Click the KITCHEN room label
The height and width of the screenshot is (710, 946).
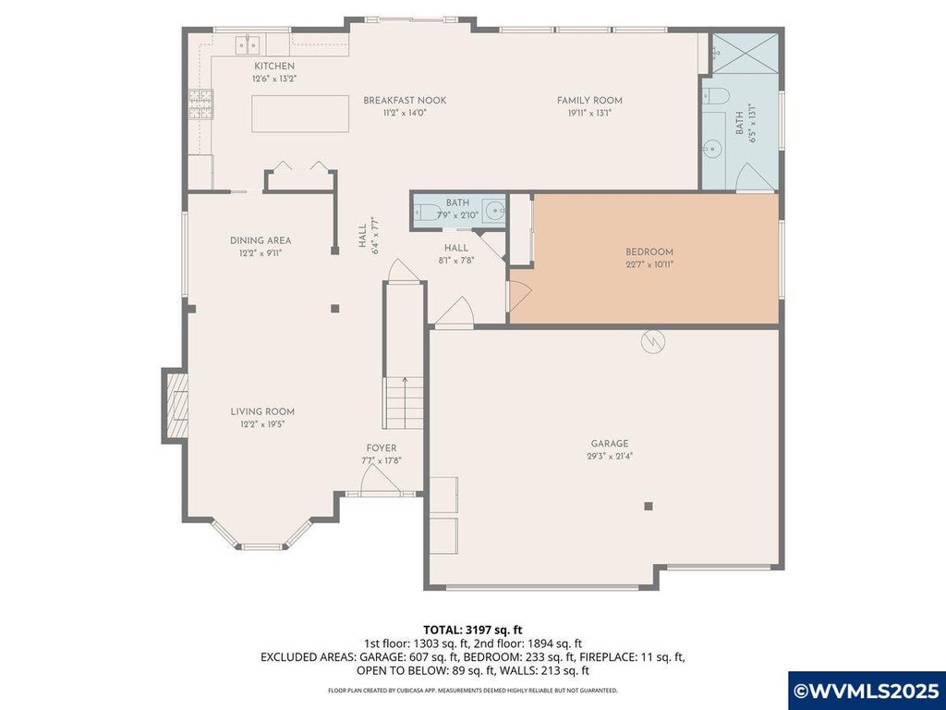[274, 66]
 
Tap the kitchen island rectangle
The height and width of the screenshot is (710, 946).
[300, 114]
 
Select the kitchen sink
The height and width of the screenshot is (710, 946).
[248, 44]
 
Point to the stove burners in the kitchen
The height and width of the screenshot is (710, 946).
[200, 104]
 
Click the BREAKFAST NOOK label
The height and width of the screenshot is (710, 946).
[405, 100]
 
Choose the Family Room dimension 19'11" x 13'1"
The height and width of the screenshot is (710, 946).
[588, 112]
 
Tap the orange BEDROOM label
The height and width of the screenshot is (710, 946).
[649, 251]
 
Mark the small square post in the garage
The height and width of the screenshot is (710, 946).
[649, 506]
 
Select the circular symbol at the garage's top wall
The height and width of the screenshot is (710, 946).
[653, 342]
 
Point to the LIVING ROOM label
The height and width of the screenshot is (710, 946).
[262, 411]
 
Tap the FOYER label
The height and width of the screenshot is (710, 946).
[382, 448]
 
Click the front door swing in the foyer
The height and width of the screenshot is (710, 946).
[380, 481]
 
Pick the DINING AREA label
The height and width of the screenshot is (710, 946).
[261, 240]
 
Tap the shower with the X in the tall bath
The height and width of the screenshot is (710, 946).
[746, 54]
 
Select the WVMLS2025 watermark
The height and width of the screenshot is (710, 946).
[867, 691]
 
